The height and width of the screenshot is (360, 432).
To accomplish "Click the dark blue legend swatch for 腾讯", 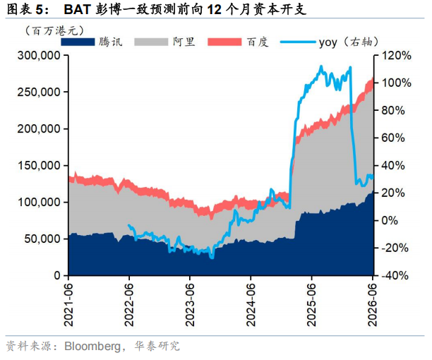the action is [78, 42].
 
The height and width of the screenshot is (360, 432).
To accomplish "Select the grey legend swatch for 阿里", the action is [151, 42].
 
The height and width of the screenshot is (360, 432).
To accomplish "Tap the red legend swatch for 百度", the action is [224, 42].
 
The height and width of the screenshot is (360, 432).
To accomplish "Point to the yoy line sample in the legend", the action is [298, 42].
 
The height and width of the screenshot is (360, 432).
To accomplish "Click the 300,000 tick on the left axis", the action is [39, 55].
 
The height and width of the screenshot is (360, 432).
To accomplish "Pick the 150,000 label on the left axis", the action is [39, 166].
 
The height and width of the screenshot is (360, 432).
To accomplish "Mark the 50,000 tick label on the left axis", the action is [42, 239].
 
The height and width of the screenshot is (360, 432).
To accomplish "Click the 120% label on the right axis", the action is [396, 56].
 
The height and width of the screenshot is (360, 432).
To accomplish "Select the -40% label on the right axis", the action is [395, 275].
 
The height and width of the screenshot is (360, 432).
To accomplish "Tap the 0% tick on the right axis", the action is [390, 220].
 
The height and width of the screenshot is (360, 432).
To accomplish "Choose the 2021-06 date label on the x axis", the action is [68, 304].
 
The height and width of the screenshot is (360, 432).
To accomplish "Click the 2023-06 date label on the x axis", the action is [190, 304].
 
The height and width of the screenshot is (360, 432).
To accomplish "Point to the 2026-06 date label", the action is [373, 304].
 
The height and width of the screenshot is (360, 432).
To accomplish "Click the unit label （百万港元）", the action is [54, 30].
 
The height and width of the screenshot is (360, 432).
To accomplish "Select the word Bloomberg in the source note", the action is [92, 346].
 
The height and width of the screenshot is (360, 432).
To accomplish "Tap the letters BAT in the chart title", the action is [78, 9].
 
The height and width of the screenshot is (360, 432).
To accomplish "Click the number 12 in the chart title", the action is [214, 10].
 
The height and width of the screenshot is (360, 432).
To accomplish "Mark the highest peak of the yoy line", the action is [321, 66].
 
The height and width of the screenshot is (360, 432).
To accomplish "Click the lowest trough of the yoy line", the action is [212, 258].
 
